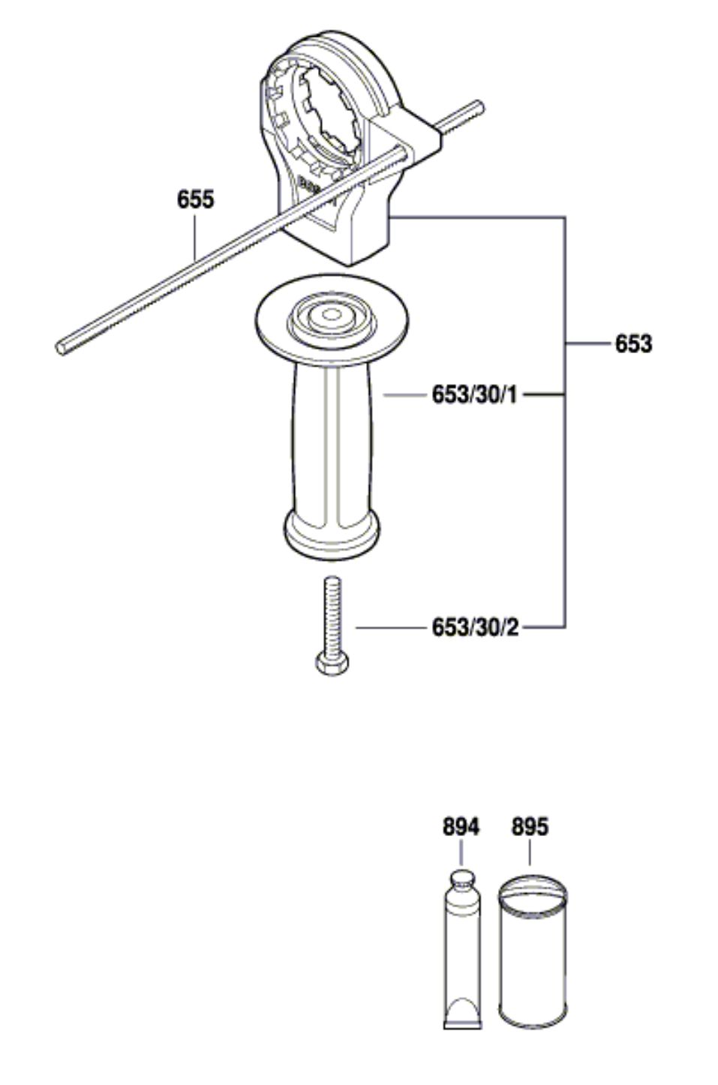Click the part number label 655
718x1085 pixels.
click(x=195, y=199)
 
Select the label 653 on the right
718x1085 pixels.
click(x=634, y=344)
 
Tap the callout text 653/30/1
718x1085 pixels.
click(x=475, y=395)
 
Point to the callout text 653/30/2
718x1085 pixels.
click(x=475, y=628)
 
